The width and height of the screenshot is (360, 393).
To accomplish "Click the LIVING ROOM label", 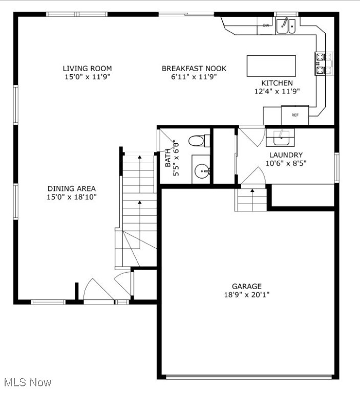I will coord(87,68).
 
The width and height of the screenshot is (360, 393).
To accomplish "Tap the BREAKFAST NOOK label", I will coord(194,68).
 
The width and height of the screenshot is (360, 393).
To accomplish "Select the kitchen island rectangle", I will coord(271,65).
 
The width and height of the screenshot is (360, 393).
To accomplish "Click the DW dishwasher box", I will coord(266,25).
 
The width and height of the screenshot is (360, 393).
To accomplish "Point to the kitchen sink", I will coord(286,26).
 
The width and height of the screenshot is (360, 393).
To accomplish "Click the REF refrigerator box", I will coord(295,115).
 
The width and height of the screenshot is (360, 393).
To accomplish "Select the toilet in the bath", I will coord(198,140).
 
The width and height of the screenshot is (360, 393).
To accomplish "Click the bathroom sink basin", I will coord(201,171).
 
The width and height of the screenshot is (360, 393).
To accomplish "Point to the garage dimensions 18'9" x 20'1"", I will coord(246,295).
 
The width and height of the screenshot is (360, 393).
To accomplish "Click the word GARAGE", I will coord(246,287).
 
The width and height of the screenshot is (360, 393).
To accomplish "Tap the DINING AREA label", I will coord(72,188).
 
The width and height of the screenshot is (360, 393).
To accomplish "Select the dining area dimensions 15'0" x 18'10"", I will coord(72,196).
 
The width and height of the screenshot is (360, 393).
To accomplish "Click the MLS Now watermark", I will coord(27,382).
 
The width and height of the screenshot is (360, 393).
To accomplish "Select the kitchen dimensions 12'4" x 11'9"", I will coord(277,91).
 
